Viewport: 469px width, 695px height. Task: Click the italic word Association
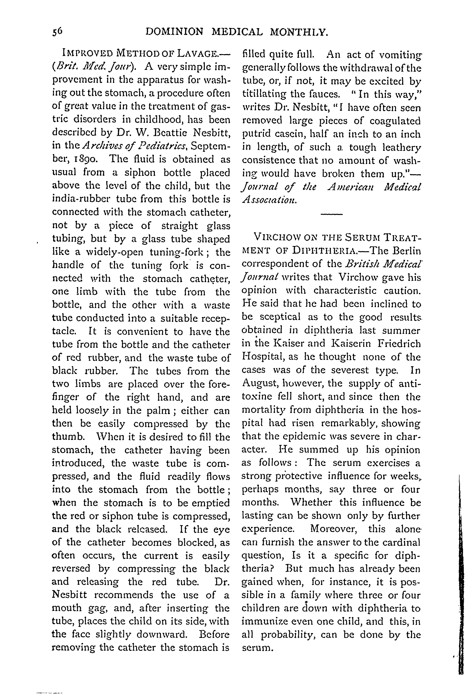tap(269, 200)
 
